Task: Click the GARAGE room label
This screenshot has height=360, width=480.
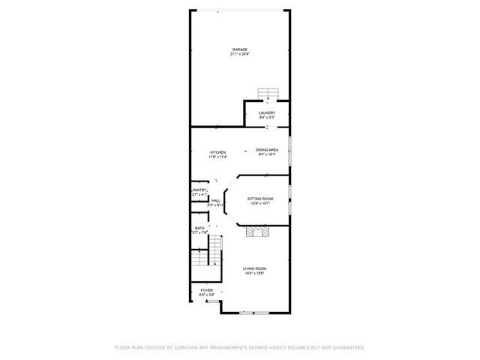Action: coord(239,49)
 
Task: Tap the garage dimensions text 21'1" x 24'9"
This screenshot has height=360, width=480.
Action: coord(239,54)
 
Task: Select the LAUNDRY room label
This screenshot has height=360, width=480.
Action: coord(267,112)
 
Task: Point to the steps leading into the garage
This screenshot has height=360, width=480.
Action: coord(267,93)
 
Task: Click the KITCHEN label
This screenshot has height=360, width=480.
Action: coord(217,152)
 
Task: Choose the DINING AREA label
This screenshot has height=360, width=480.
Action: coord(267,149)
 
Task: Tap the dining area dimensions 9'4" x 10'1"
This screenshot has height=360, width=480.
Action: coord(267,154)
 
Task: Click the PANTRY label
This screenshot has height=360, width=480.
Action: coord(199,190)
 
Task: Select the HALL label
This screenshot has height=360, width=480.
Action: coord(215,200)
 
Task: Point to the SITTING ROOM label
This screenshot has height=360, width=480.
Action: coord(260,198)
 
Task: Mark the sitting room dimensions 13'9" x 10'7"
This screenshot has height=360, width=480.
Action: coord(260,203)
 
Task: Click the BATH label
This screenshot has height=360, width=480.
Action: coord(199,228)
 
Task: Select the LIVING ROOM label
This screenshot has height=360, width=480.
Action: coord(254,268)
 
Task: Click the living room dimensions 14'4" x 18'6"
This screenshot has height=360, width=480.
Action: coord(254,274)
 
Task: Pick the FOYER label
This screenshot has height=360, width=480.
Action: coord(206,290)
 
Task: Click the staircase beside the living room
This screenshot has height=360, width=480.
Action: coord(207,259)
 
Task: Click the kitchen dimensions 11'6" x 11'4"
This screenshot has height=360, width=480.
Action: coord(217,157)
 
